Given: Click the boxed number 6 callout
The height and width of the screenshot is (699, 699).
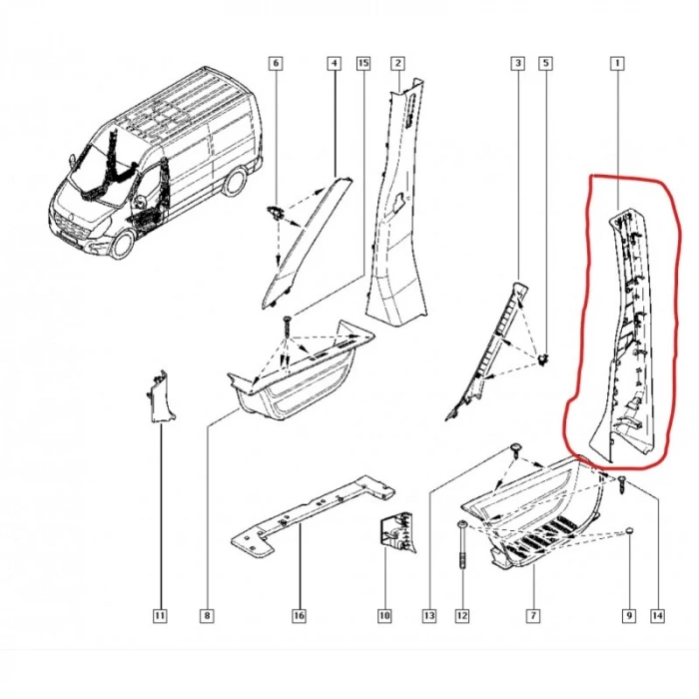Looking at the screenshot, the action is pos(276,63).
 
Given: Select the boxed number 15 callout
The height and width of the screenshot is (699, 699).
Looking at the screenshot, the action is pos(363,63).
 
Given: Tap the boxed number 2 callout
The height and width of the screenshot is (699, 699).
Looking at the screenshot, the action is pos(397,63).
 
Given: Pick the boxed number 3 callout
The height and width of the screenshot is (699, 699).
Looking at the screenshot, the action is pos(517,63).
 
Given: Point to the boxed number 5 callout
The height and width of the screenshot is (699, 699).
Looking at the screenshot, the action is pos(546,63).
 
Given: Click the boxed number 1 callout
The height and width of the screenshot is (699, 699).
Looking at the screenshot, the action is pos(617,63).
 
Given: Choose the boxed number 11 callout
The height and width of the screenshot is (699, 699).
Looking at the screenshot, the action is pos(160,616).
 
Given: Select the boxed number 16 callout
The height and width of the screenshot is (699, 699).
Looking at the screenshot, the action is pos(300,616).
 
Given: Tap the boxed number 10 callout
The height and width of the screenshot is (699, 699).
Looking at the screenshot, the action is pos(384,616).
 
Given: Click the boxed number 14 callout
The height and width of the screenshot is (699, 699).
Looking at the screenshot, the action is pos(657,616).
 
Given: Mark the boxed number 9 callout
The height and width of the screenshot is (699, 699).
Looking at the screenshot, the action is pos(628,616).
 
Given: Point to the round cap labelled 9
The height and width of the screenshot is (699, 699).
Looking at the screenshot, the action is pos(629,530).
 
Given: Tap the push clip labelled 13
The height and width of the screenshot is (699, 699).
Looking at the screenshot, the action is pos(516,450).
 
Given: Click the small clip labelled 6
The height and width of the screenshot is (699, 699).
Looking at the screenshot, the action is pos(276,212).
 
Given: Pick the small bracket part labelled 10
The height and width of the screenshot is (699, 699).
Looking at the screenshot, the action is pos(396,532).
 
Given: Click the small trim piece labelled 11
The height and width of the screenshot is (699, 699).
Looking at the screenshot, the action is pos(161,395).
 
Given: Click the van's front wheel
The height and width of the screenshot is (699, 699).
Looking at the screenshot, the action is pos(123,245).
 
